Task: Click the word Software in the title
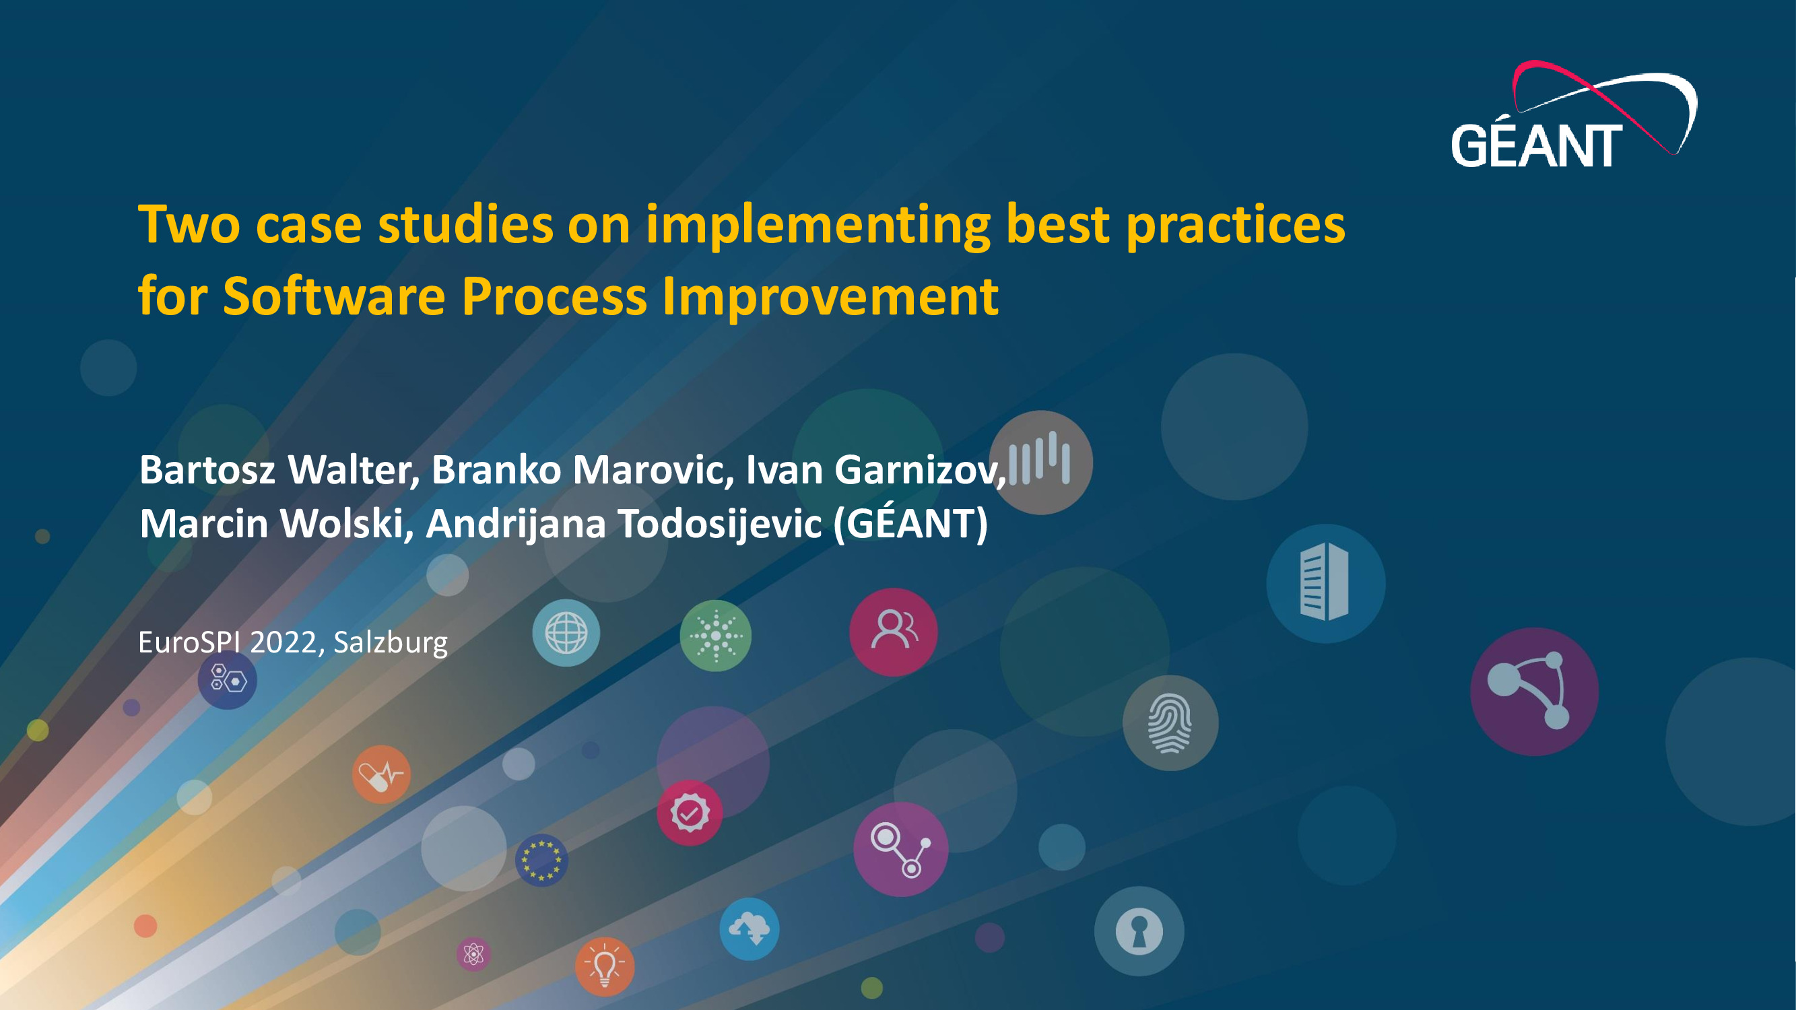pyautogui.click(x=334, y=296)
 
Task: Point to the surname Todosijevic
pyautogui.click(x=719, y=524)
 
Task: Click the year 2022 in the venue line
pyautogui.click(x=283, y=642)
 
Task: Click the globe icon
pyautogui.click(x=566, y=633)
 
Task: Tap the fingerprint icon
pyautogui.click(x=1170, y=722)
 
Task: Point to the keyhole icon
pyautogui.click(x=1139, y=931)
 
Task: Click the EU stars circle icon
pyautogui.click(x=541, y=860)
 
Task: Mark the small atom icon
pyautogui.click(x=474, y=953)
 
